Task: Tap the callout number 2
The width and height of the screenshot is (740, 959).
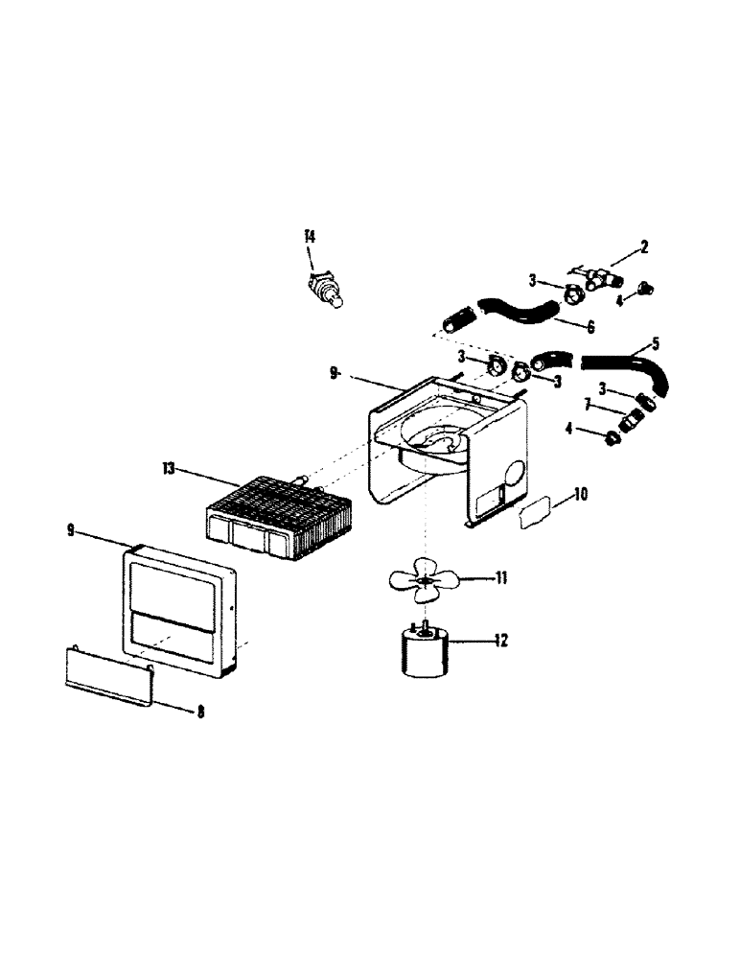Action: pos(644,247)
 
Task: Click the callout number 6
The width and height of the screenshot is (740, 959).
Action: pos(590,327)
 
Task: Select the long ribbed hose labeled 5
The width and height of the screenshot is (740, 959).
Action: pos(623,365)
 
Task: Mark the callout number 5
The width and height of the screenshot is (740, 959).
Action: pos(656,342)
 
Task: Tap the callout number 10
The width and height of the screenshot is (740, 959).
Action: pos(581,496)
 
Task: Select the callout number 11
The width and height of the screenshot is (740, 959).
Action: pos(499,578)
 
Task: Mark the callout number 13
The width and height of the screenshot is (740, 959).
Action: pos(169,469)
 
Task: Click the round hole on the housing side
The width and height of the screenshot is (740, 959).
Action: pos(513,475)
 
